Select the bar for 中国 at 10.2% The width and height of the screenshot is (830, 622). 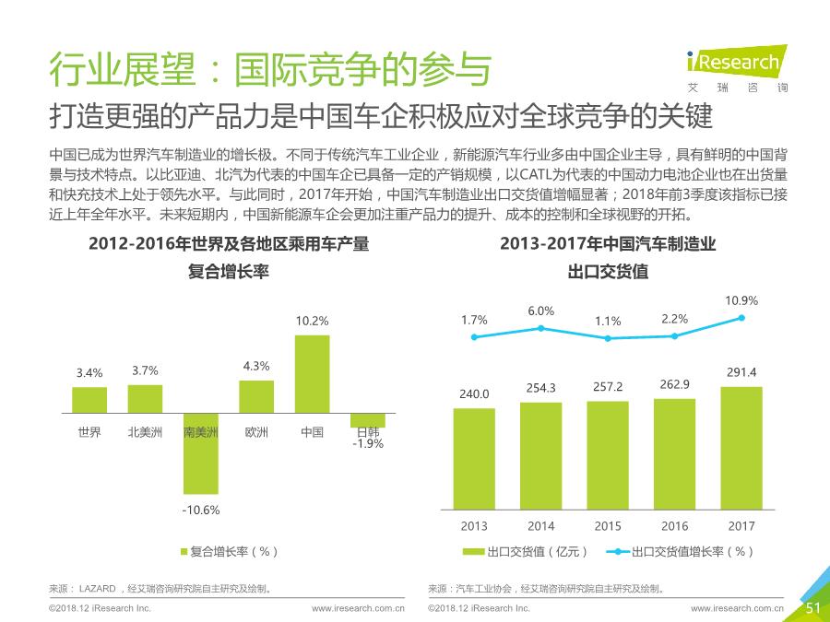click(312, 373)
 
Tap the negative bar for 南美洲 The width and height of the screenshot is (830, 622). click(200, 453)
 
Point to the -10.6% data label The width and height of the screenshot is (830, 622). click(200, 510)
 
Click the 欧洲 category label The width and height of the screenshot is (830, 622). click(256, 431)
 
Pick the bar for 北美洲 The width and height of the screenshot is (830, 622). click(145, 398)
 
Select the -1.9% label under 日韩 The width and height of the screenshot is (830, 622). click(367, 444)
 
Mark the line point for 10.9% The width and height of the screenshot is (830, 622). click(741, 318)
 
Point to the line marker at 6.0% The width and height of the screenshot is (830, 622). click(541, 328)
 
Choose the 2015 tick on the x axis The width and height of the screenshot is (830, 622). click(608, 526)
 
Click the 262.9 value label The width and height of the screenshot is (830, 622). click(674, 383)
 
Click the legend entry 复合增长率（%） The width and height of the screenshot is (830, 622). click(229, 551)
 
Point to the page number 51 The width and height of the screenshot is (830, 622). click(812, 607)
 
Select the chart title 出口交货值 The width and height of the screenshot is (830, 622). click(608, 272)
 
